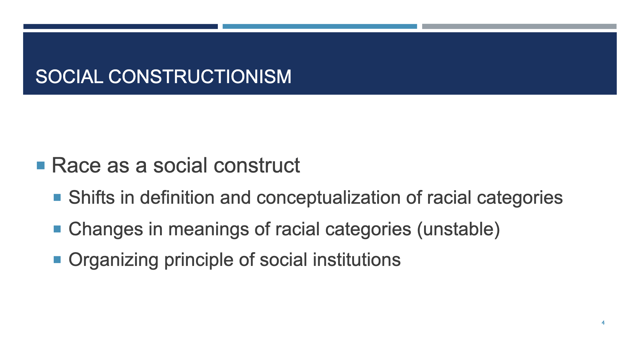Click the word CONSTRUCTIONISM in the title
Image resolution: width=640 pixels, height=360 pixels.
200,77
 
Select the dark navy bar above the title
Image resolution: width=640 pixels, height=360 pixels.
120,27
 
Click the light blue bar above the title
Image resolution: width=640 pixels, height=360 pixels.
320,27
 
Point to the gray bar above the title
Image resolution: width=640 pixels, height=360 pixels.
519,27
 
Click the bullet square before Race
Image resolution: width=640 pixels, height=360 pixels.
41,165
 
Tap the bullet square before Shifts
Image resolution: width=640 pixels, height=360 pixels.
57,197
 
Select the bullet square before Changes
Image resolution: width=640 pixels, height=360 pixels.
57,229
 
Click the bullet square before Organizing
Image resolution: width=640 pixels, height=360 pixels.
57,260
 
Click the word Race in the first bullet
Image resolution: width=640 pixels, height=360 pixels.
76,165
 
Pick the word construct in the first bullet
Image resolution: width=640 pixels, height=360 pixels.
257,165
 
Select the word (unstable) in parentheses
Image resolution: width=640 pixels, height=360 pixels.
458,229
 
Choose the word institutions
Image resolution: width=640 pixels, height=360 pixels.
357,260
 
